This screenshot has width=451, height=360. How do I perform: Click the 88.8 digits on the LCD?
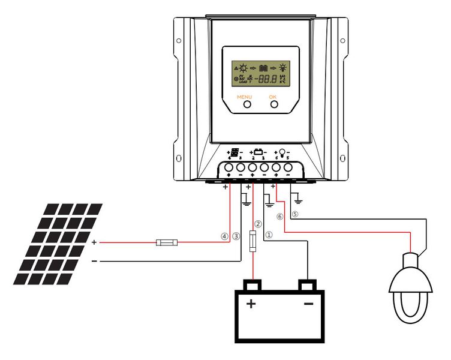point(266,78)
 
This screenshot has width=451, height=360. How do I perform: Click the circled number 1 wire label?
point(269,236)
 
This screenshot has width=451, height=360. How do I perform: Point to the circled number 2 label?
point(258,224)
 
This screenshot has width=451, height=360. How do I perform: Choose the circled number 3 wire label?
point(236,236)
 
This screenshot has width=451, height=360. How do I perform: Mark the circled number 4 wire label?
point(225,236)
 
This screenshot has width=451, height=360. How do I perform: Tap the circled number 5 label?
point(294,214)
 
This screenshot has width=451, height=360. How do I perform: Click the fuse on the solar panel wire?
point(166,242)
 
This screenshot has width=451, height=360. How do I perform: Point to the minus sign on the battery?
point(308,305)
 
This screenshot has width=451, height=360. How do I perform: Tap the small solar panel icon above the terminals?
point(236,152)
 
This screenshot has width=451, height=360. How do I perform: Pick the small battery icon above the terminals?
point(258,152)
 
